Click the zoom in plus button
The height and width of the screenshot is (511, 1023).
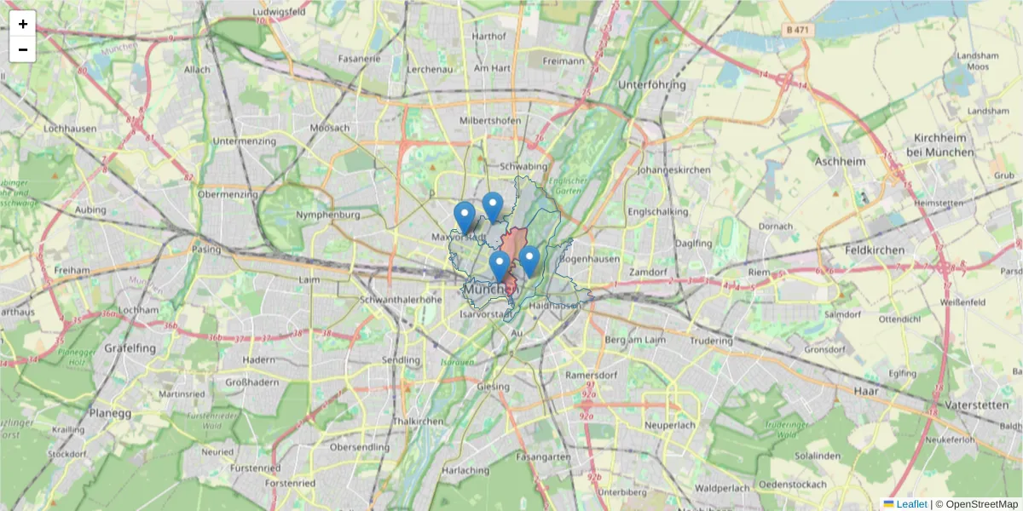23,24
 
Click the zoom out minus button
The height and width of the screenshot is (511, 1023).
23,49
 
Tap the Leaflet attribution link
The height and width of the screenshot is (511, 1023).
911,504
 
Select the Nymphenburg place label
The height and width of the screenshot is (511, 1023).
328,215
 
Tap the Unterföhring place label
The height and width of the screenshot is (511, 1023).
652,85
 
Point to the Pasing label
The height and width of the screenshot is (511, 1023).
206,250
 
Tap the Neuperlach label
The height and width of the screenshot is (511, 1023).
671,424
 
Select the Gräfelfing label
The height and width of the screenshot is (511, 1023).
130,348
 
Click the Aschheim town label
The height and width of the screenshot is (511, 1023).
840,161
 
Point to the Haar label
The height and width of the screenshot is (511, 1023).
865,391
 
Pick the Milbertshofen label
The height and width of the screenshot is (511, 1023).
490,121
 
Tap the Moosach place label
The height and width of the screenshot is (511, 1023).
330,128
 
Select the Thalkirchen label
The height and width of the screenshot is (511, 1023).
418,422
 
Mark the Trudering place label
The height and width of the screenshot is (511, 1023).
711,342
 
